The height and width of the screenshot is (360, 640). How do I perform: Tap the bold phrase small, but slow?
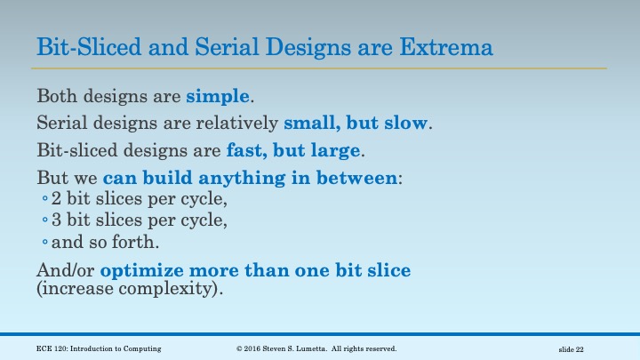pos(356,123)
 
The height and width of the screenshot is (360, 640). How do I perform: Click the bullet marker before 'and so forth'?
pos(44,243)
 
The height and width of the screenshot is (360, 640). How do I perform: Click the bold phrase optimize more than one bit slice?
pos(256,270)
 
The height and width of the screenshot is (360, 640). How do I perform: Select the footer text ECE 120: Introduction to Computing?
pos(100,348)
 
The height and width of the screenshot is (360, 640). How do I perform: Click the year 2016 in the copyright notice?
pos(255,348)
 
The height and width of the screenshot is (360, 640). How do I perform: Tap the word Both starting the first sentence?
pos(55,95)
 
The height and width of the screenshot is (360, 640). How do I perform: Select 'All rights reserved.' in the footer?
pos(367,348)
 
